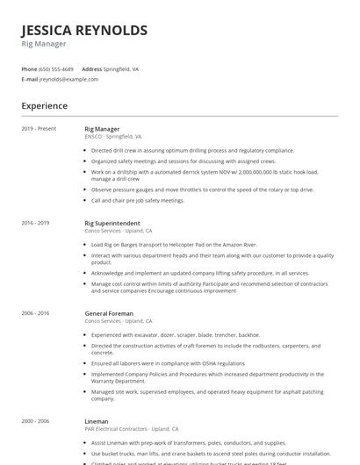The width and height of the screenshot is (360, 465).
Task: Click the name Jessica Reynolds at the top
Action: tap(84, 31)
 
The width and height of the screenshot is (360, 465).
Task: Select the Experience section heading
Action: tap(44, 105)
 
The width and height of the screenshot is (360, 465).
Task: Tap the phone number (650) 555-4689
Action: tap(56, 68)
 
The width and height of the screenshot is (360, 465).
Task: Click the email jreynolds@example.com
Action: tap(68, 79)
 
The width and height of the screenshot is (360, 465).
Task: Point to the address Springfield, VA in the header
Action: tap(122, 68)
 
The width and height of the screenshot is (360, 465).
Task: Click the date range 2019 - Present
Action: tap(39, 129)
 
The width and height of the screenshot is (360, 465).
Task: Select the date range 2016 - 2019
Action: tap(36, 223)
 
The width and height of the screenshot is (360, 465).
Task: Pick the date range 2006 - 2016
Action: tap(36, 313)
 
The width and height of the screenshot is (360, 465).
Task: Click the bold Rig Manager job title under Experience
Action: tap(102, 129)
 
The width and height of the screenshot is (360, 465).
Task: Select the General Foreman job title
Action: tap(109, 313)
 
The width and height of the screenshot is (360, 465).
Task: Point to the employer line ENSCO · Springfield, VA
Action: tap(113, 137)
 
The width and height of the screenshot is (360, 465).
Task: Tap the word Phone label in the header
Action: tap(29, 68)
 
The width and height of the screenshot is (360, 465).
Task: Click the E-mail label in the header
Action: tap(29, 79)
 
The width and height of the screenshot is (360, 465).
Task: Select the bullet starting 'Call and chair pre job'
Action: tap(138, 200)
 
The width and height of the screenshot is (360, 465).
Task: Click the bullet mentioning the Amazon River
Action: tap(175, 245)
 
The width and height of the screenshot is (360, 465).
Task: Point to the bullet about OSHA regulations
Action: tap(168, 363)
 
